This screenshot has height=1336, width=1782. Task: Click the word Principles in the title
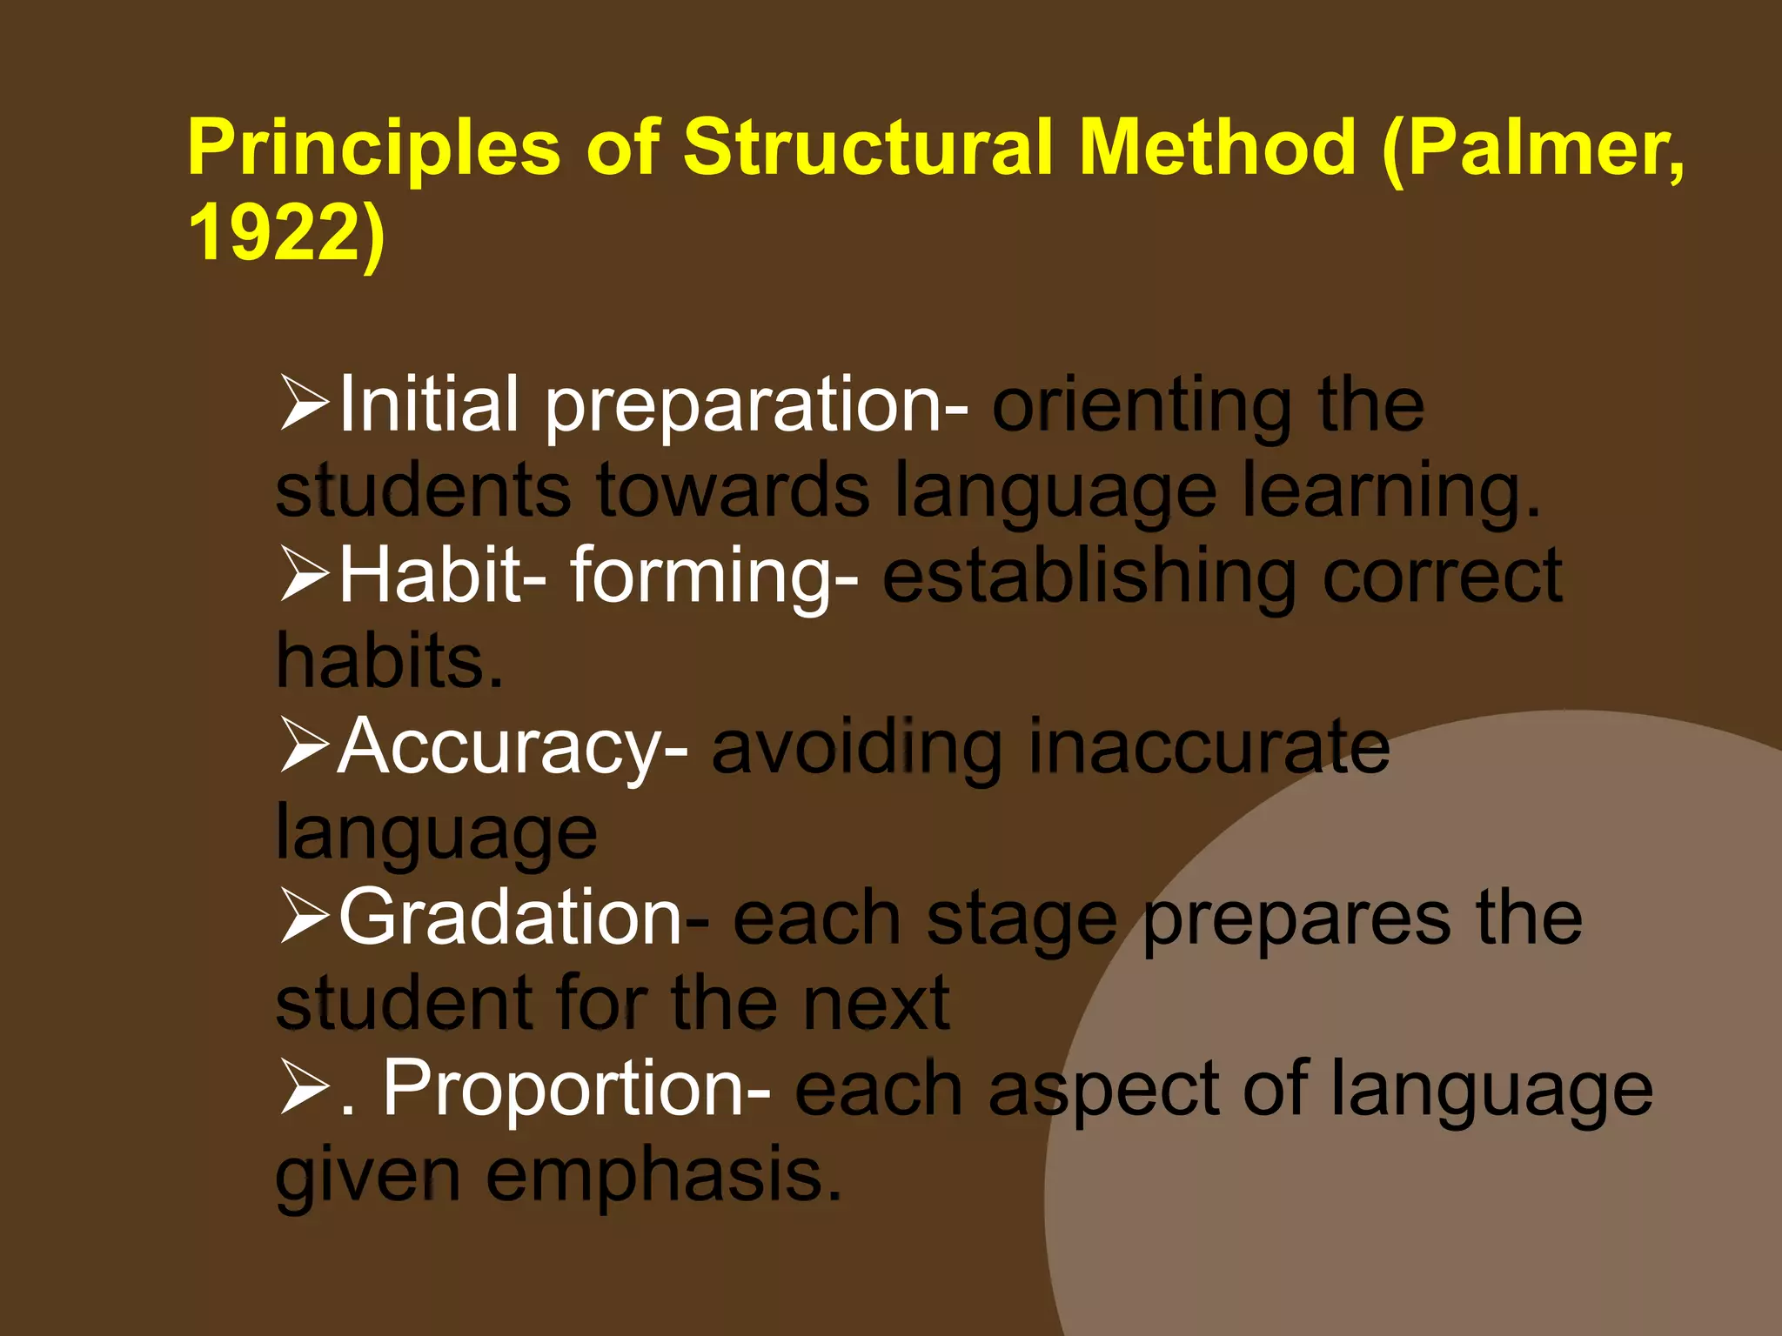coord(374,148)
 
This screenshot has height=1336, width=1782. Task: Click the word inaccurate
coord(1209,746)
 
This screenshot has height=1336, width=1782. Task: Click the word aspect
coord(1104,1090)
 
